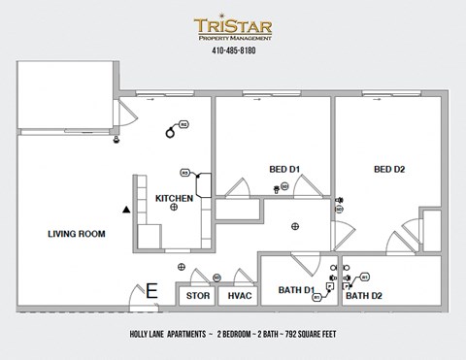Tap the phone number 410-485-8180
[x=233, y=52]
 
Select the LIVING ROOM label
[x=77, y=234]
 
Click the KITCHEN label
[x=174, y=198]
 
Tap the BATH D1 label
[x=296, y=291]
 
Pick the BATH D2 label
[x=365, y=296]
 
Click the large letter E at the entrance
[x=150, y=290]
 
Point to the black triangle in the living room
[x=125, y=209]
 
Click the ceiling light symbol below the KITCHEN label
[x=174, y=207]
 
